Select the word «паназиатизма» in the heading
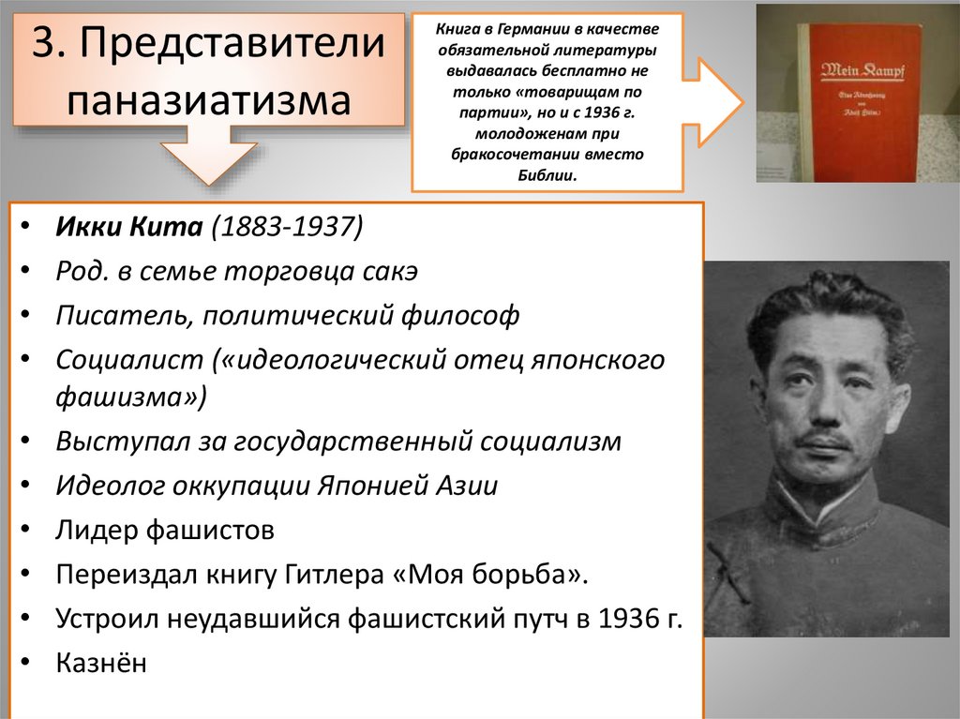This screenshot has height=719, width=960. pyautogui.click(x=209, y=98)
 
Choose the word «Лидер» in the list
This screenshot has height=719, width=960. pyautogui.click(x=97, y=531)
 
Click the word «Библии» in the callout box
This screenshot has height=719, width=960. pyautogui.click(x=547, y=175)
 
